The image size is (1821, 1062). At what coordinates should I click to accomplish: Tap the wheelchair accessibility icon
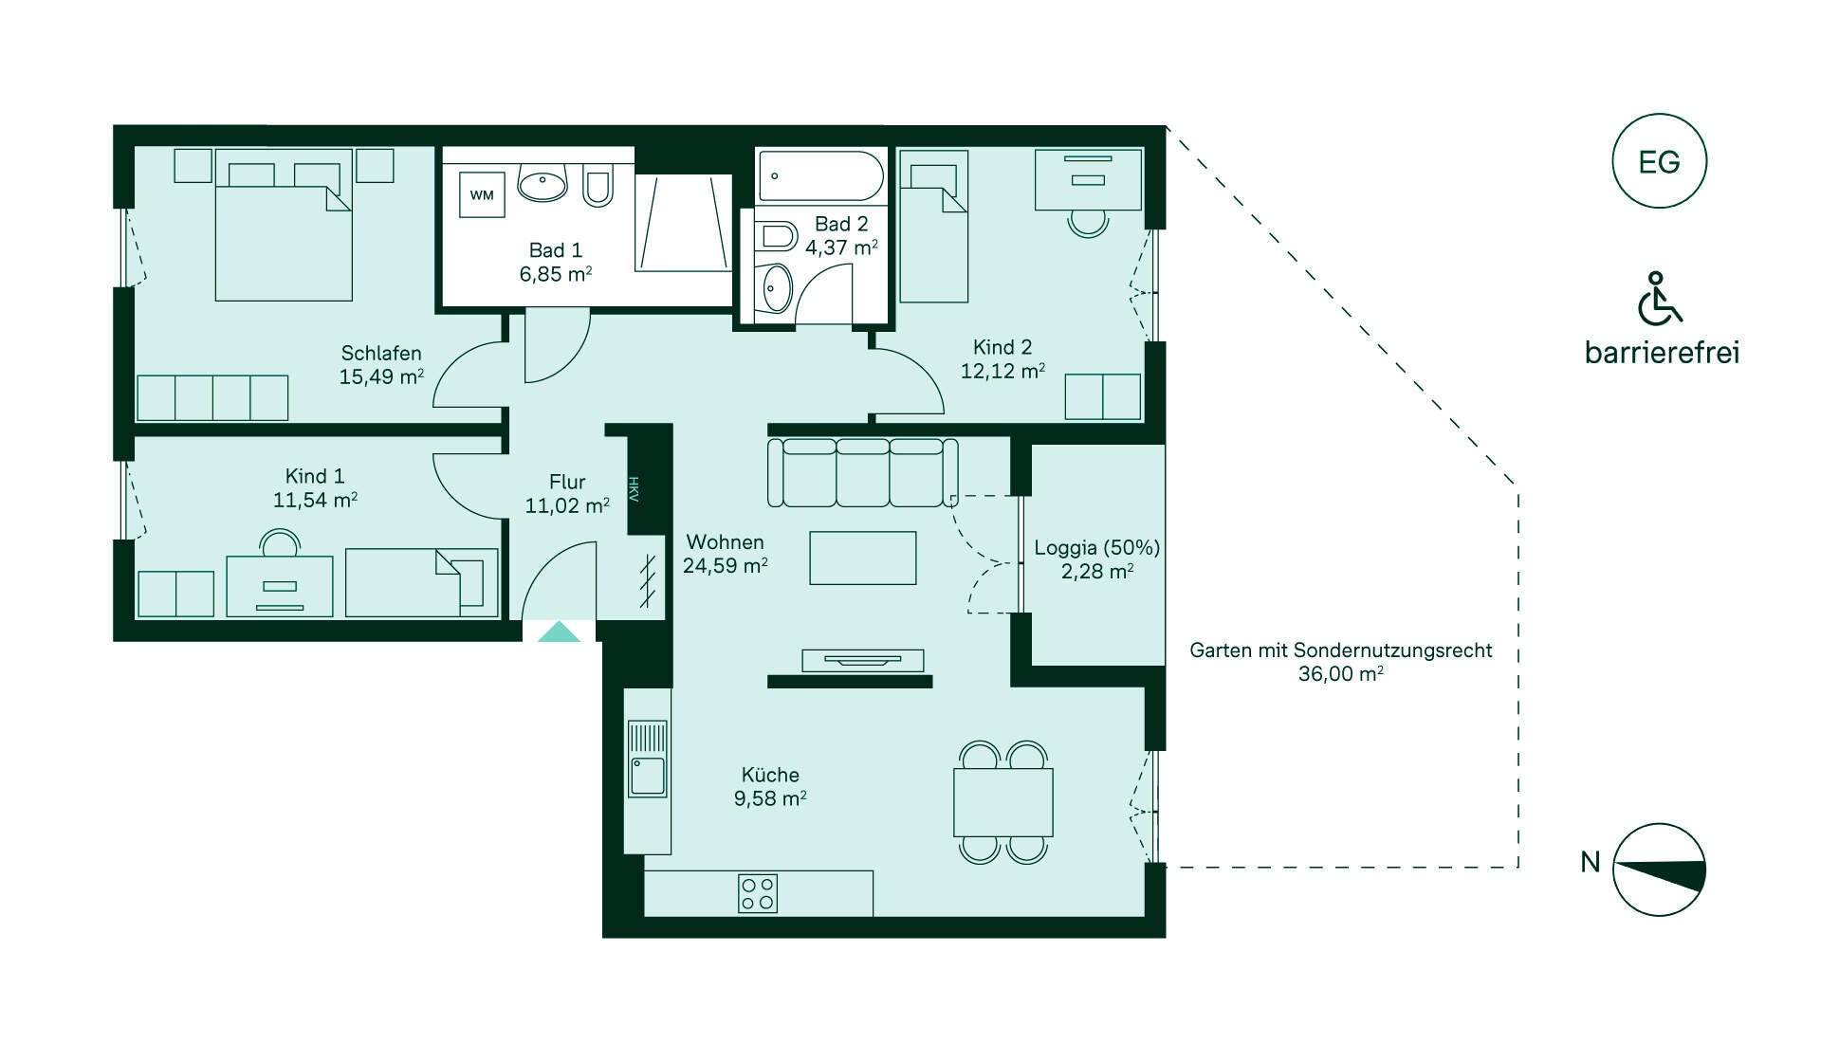1659,298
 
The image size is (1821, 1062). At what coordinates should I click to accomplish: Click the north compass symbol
1659,870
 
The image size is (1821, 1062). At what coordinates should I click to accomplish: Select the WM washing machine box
482,195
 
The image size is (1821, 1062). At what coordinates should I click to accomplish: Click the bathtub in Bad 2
820,176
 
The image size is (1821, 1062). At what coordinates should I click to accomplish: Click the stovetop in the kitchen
758,893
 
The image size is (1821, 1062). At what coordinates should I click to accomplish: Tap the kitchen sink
648,759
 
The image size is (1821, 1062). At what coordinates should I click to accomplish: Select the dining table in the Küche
1003,802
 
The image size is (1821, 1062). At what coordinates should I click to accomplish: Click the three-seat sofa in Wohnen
862,472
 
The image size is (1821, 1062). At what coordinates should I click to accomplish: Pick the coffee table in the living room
863,558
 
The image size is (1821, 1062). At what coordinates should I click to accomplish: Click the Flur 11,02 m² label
567,494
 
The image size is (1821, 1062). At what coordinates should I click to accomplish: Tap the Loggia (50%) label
1097,547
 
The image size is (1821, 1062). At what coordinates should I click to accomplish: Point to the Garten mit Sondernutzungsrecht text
1341,650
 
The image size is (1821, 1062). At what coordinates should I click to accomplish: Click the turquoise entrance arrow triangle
559,632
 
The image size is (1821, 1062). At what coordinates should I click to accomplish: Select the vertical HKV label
634,489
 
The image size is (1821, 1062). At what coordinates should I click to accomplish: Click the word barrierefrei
1662,353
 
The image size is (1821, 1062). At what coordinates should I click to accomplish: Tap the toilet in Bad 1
598,185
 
